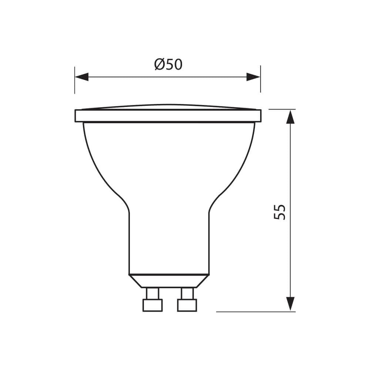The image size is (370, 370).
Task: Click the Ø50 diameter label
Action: click(168, 65)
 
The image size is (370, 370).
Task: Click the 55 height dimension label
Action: click(280, 212)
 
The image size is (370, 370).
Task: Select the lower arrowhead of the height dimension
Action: click(290, 303)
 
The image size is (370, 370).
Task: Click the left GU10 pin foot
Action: click(152, 305)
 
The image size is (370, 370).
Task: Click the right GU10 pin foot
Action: click(187, 305)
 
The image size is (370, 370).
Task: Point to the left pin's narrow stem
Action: click(152, 293)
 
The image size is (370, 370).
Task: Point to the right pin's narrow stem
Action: click(187, 293)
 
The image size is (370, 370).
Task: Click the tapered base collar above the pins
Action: click(169, 281)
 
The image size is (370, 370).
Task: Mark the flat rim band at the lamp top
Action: click(168, 116)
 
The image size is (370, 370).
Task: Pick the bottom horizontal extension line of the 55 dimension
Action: click(255, 312)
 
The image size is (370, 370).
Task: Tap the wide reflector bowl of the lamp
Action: click(169, 159)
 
